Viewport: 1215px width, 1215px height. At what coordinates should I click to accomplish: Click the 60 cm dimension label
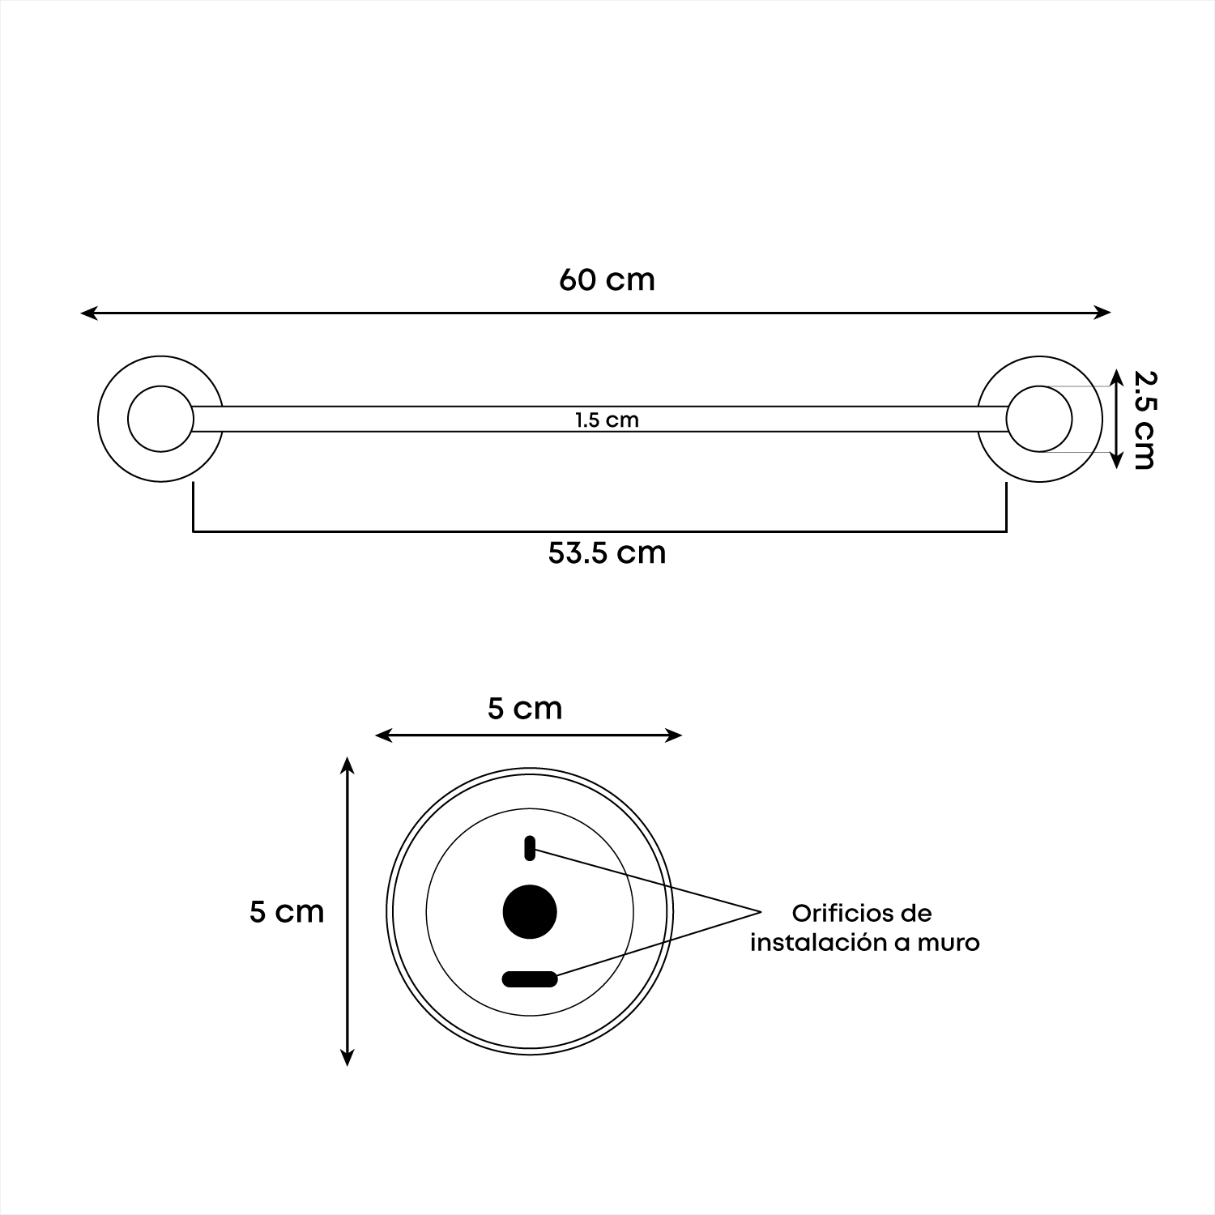pos(607,279)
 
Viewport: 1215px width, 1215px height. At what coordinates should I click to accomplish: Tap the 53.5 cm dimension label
pos(607,553)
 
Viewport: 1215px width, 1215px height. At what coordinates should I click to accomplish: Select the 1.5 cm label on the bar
pos(607,420)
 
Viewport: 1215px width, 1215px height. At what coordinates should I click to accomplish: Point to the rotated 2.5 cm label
pos(1144,420)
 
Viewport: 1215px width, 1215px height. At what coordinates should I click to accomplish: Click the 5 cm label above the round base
pos(525,709)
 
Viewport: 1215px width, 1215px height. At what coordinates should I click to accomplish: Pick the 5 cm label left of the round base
pos(287,912)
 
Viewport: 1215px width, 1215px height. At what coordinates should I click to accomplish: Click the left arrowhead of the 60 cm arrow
pos(89,313)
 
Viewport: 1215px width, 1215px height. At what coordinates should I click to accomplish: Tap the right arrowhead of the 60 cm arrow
pos(1102,313)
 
